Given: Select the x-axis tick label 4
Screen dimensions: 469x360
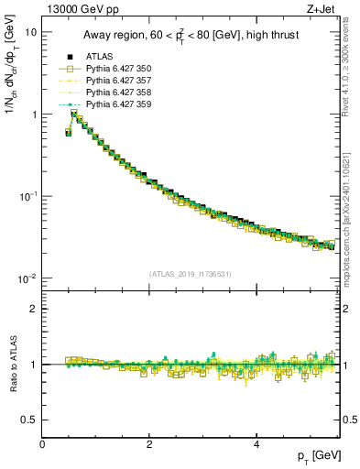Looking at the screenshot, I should pyautogui.click(x=256, y=443).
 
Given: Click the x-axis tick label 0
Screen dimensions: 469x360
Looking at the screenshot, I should pyautogui.click(x=43, y=443).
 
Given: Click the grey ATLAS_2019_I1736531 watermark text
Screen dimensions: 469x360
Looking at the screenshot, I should pyautogui.click(x=190, y=274).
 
